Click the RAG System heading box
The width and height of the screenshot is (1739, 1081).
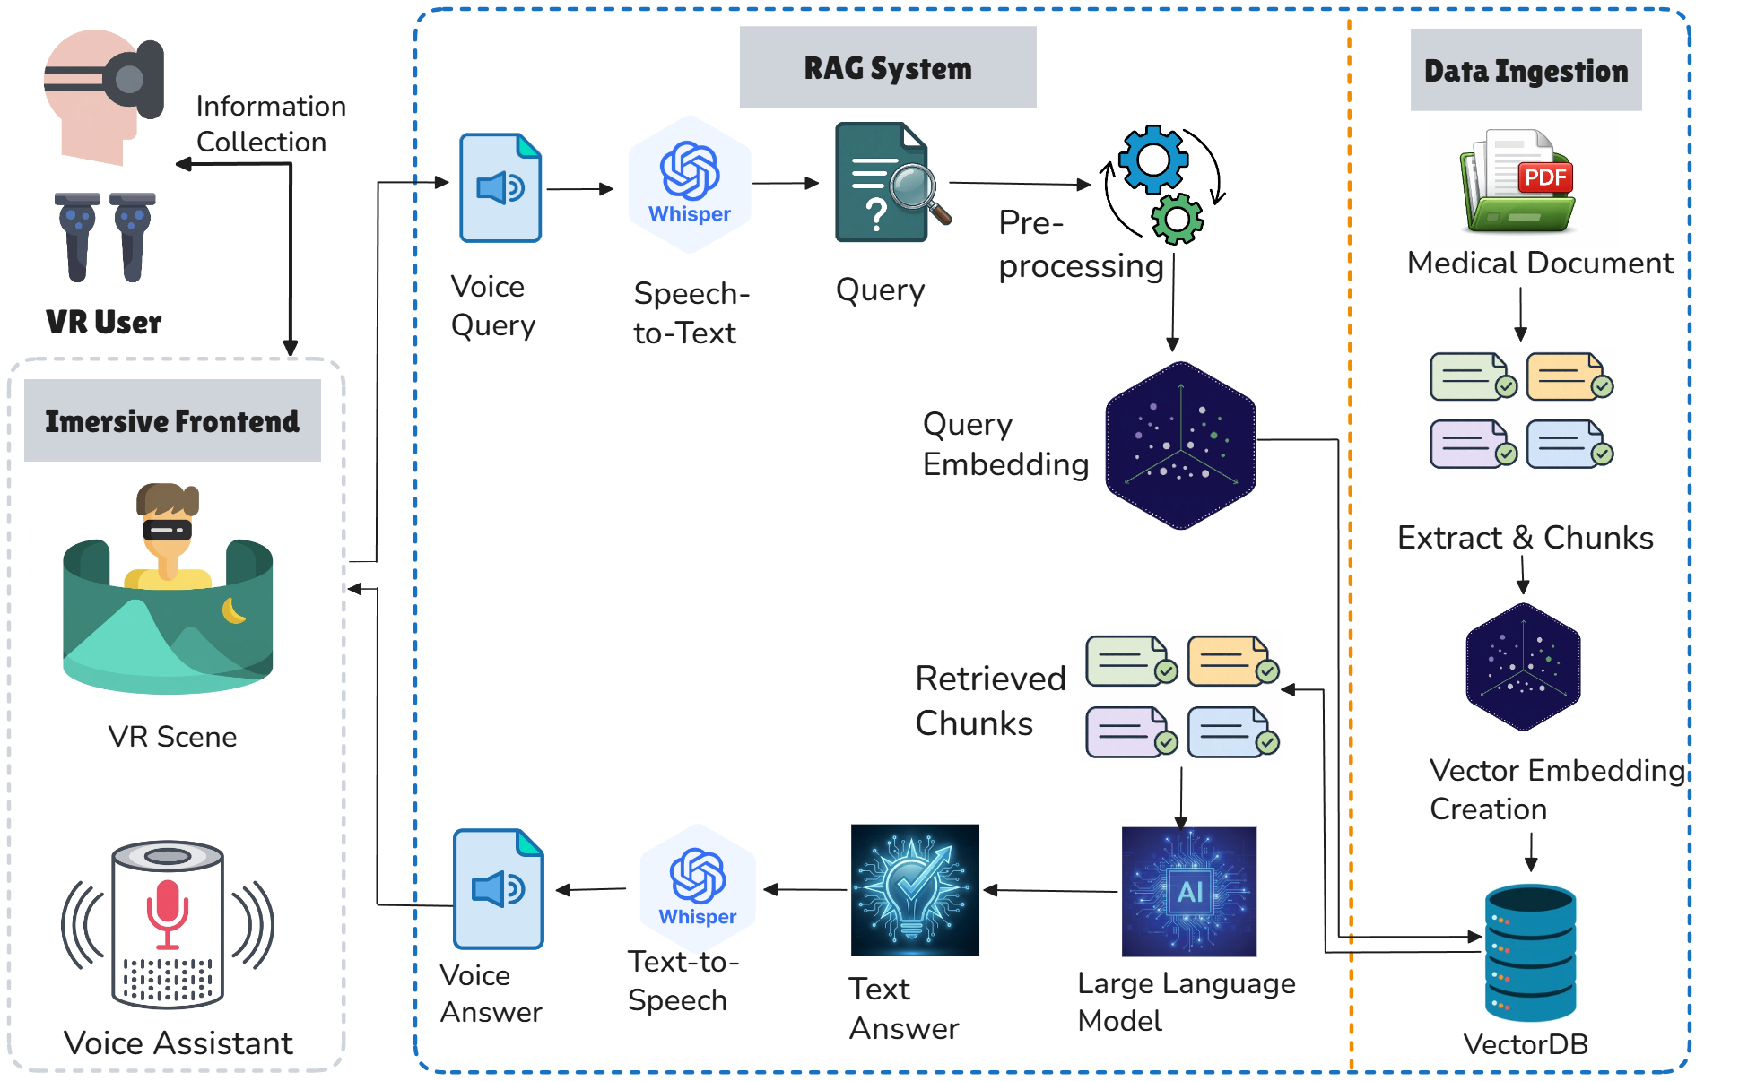pos(888,67)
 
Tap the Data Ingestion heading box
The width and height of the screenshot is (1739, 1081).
pos(1526,70)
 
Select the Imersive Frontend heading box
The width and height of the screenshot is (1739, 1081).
pos(172,420)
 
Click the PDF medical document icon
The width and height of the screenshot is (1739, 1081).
pos(1517,182)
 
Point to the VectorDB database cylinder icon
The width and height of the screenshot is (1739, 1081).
pos(1530,953)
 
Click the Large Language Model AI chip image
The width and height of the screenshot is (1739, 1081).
pos(1189,891)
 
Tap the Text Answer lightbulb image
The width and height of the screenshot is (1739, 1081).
pos(915,889)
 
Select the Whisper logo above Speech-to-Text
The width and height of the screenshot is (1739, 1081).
pos(690,184)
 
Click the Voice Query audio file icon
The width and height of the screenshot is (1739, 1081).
pos(500,187)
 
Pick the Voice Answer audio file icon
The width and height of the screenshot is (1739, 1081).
pos(499,888)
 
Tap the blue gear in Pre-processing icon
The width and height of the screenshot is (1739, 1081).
pos(1153,160)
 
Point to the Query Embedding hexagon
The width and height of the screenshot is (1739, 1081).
pos(1180,445)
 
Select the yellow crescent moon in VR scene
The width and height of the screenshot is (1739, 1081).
pos(234,610)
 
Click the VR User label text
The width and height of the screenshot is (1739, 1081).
pos(104,322)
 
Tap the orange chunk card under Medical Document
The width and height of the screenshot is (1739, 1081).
pos(1569,376)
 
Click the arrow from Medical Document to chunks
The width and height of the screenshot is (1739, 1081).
pos(1521,315)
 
